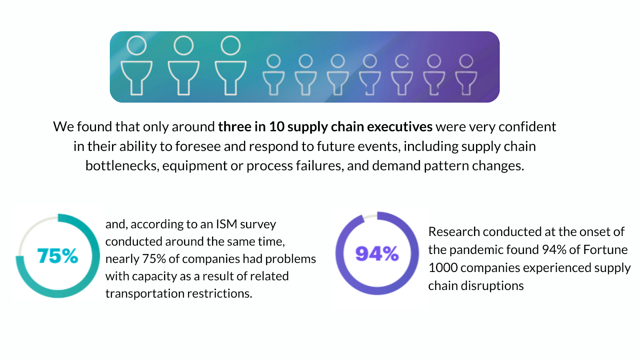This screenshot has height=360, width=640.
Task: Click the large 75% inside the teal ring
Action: [58, 256]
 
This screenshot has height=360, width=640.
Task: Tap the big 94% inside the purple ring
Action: [377, 254]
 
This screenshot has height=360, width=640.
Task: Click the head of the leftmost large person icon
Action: [136, 45]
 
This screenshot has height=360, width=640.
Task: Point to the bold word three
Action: [234, 127]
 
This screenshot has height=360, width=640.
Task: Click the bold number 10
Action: [276, 127]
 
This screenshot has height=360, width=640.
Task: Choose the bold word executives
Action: [400, 127]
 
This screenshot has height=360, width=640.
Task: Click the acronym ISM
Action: [226, 224]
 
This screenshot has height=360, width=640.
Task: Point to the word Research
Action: [454, 232]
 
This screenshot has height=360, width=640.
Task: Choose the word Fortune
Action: [605, 250]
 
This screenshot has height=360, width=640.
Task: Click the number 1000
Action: [443, 268]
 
